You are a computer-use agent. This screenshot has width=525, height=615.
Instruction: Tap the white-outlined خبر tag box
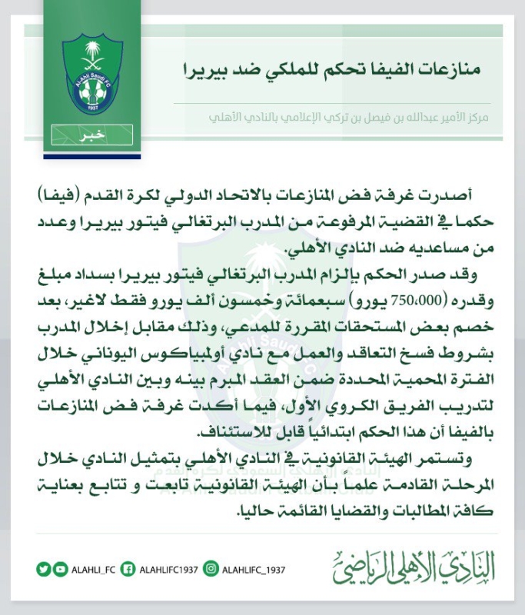coord(92,135)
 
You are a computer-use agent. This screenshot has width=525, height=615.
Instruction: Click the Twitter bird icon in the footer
coord(42,569)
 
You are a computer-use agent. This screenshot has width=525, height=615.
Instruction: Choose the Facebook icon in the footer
coord(129,569)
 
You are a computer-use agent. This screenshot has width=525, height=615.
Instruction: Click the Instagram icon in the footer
coord(210,569)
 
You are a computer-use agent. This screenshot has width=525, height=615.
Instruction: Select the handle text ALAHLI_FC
coord(91,570)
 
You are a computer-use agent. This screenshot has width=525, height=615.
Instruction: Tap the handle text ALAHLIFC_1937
coord(253,570)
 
